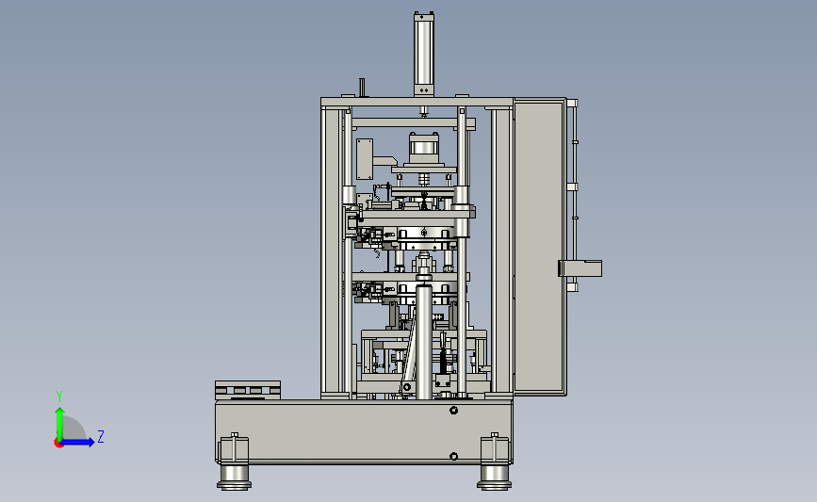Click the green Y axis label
pyautogui.click(x=59, y=397)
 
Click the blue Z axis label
pyautogui.click(x=101, y=436)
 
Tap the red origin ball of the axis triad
pyautogui.click(x=58, y=444)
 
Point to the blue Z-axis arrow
pyautogui.click(x=78, y=443)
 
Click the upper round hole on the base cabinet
pyautogui.click(x=454, y=411)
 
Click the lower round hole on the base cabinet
pyautogui.click(x=454, y=456)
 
